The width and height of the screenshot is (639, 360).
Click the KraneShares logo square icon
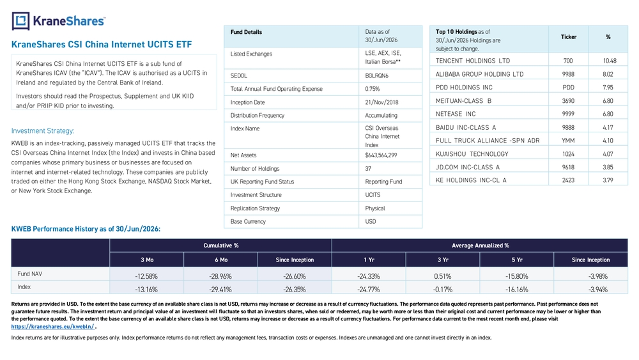point(20,21)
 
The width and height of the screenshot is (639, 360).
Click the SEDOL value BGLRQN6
point(376,76)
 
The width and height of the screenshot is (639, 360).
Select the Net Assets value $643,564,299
point(381,155)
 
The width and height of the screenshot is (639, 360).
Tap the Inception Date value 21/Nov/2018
point(381,102)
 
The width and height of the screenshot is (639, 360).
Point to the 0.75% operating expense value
point(372,89)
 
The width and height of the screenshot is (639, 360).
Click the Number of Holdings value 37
point(368,169)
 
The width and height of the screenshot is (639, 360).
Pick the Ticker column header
point(569,37)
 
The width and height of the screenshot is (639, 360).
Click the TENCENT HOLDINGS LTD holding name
point(473,61)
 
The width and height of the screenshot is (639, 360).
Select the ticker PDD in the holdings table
point(568,87)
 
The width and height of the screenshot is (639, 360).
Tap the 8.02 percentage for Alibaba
point(608,74)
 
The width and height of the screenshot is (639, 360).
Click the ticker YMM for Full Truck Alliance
point(568,141)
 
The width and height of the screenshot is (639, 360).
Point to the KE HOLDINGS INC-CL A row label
point(471,180)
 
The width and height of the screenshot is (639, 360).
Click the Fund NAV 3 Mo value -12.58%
point(146,276)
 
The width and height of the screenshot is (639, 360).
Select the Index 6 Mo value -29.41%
point(220,290)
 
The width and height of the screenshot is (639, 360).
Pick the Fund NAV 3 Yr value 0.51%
point(443,276)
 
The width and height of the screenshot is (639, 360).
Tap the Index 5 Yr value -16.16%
point(517,290)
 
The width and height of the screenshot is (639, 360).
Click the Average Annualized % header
point(480,246)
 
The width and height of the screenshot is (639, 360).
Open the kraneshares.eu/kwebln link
point(52,327)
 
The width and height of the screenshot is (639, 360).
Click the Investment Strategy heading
point(43,131)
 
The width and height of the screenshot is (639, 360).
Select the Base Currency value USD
point(371,222)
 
